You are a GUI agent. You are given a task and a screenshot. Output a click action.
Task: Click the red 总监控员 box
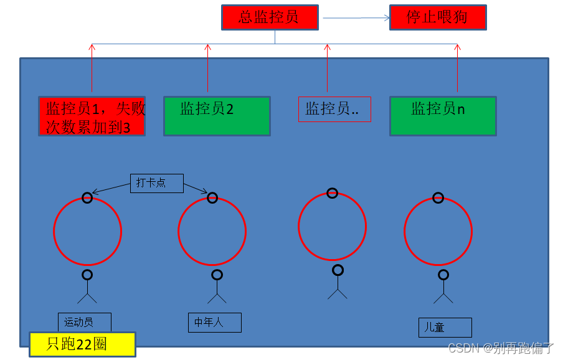[x=270, y=17]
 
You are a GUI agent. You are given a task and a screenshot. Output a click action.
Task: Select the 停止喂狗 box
[x=437, y=17]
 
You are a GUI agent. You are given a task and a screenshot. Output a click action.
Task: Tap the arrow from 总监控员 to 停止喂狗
[x=355, y=18]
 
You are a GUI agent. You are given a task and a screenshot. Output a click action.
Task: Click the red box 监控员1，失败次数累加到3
[x=92, y=116]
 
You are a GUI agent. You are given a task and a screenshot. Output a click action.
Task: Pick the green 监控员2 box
[x=217, y=116]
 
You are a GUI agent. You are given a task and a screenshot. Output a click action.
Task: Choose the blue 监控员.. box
[x=334, y=109]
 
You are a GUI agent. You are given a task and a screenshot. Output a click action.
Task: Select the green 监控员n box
[x=443, y=116]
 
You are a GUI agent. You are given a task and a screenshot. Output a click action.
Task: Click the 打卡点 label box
[x=157, y=183]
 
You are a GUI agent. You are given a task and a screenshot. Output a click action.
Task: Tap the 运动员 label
[x=84, y=322]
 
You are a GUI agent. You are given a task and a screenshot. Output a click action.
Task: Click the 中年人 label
[x=214, y=322]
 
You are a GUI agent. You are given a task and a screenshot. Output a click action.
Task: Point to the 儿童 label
[x=445, y=327]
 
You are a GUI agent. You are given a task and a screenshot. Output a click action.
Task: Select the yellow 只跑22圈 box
[x=82, y=344]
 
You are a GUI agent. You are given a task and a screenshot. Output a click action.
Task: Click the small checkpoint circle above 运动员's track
[x=87, y=198]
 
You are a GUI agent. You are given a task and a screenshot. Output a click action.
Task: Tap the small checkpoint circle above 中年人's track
[x=212, y=198]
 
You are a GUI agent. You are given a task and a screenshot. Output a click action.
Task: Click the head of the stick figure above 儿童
[x=443, y=275]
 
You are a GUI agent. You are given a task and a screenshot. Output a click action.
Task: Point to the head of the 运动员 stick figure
[x=87, y=275]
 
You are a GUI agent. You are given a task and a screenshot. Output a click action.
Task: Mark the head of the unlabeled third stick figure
[x=338, y=270]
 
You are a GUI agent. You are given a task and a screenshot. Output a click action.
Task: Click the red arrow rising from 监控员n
[x=458, y=69]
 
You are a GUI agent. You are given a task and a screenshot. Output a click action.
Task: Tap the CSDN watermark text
[x=501, y=348]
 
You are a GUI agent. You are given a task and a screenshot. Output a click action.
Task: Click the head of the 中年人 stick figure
[x=217, y=275]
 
